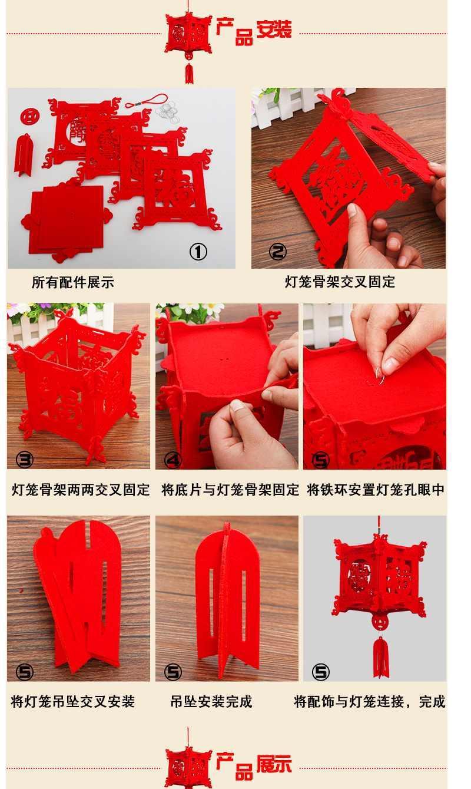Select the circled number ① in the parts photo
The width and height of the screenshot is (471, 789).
coord(198,252)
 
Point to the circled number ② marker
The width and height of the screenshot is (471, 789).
coord(277,252)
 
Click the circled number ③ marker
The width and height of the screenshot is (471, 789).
coord(24,460)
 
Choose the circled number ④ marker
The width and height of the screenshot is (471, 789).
coord(173,460)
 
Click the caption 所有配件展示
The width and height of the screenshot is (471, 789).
coord(72,283)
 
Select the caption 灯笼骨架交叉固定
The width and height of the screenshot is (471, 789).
coord(340,282)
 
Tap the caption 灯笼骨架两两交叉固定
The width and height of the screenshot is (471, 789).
coord(81,490)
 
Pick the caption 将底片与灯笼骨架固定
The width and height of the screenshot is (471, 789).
coord(230,490)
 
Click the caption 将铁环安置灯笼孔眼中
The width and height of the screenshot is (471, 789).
coord(376,490)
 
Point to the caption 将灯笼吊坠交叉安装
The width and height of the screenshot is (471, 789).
coord(73,702)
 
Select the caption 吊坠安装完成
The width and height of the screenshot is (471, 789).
coord(211,702)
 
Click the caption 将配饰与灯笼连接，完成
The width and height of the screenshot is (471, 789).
coord(369,702)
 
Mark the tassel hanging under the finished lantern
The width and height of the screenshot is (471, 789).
coord(381,656)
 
